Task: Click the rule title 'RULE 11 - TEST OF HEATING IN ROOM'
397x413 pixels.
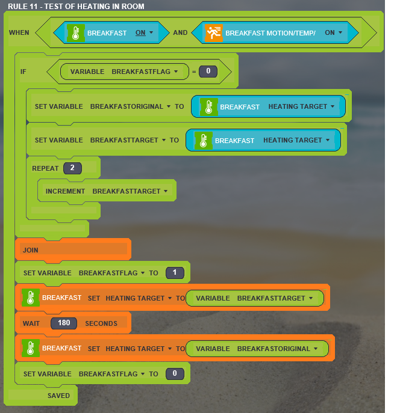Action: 76,7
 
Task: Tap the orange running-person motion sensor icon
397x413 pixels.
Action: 214,32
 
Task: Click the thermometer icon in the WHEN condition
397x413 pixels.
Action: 76,33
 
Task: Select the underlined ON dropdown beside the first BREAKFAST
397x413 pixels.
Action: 144,32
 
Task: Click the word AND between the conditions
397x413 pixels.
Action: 180,32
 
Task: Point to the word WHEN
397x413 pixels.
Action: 19,32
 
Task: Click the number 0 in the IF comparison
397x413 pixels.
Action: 208,71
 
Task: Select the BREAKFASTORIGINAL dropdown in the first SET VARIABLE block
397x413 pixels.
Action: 130,106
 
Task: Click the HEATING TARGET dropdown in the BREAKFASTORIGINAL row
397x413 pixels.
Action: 301,106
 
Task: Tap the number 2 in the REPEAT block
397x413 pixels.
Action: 72,168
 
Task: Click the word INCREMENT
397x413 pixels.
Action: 65,191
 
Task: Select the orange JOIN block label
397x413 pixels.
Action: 31,250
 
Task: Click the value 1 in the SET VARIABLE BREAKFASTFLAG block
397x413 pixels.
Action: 175,272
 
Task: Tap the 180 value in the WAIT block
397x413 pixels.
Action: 64,323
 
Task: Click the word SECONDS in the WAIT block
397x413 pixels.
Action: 101,323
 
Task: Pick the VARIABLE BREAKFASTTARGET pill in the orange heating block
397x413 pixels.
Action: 255,298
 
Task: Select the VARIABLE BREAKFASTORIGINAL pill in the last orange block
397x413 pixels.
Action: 257,349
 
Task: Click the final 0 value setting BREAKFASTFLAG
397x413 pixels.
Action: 175,373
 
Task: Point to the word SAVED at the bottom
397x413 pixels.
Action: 58,396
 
